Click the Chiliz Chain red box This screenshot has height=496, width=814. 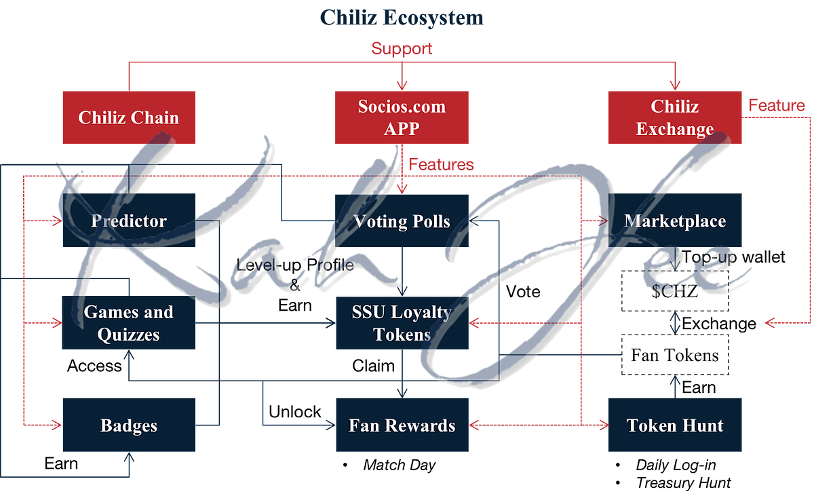coord(129,117)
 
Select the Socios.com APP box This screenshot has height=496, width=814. coord(402,117)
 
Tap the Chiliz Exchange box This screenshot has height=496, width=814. coord(675,117)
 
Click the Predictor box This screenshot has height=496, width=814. coord(129,221)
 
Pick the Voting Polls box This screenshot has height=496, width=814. coord(402,221)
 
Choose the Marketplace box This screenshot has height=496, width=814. coord(675,221)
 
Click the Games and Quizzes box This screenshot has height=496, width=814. coord(129,323)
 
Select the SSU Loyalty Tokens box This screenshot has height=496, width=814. coord(402,323)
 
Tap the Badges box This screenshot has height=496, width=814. coord(129,425)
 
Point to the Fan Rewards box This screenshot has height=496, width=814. coord(402,425)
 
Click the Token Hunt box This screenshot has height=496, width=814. coord(675,425)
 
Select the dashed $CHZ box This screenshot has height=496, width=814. coord(675,290)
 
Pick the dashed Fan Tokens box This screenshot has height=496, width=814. coord(675,355)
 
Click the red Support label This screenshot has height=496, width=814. coord(402,48)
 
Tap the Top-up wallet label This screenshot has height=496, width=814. coord(733,257)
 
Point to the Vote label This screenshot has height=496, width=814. coord(523,291)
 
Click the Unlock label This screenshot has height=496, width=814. coord(294,412)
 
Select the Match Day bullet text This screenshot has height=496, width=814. coord(399,465)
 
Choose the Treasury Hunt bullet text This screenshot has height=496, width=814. coord(683,482)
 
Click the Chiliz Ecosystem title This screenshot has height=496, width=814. coord(402,17)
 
